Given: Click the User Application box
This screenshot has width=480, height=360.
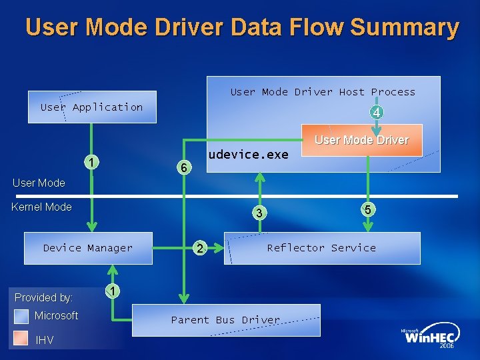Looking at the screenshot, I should [92, 107].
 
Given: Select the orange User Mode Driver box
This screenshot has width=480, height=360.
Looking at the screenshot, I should [361, 140].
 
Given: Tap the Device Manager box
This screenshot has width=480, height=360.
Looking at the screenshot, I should [88, 248].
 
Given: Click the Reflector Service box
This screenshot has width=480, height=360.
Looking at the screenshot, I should [321, 248].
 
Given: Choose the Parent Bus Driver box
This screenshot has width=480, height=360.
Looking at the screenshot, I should [226, 320].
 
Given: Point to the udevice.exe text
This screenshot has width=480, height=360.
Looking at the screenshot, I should [248, 155].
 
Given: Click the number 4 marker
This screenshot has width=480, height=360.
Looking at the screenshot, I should [377, 113].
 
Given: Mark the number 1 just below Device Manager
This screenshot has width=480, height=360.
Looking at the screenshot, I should [114, 291].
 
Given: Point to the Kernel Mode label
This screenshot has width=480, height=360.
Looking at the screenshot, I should [41, 207].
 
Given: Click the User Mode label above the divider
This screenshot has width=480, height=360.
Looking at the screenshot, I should [39, 183].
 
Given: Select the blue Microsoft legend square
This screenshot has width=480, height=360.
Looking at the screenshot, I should [21, 316].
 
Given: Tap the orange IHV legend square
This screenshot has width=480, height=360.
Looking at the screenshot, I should [21, 340].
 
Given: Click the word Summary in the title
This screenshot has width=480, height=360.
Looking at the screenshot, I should [404, 28].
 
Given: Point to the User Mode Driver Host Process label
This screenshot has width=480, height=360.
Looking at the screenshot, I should [323, 92].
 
